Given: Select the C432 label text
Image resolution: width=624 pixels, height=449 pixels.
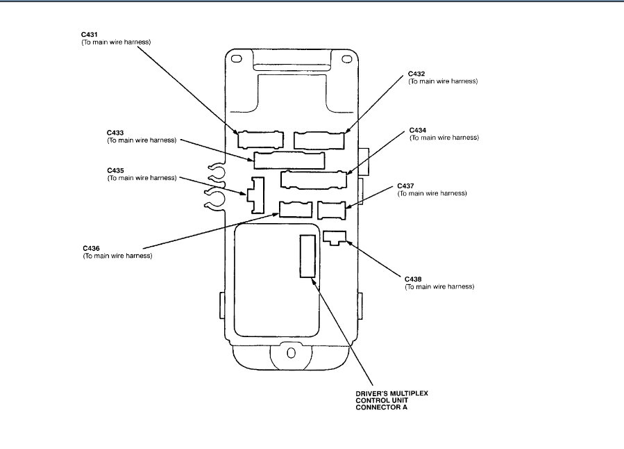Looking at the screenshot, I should (x=416, y=73).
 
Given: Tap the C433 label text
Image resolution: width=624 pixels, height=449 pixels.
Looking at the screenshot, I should (x=116, y=131).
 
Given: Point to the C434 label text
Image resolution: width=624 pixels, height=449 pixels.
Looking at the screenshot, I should (x=418, y=129).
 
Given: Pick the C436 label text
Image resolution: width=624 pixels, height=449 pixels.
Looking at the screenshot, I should (x=91, y=248).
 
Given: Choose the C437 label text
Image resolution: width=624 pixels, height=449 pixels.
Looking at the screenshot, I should (x=405, y=186).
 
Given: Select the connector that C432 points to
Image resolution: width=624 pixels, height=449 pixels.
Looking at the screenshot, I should (x=319, y=140).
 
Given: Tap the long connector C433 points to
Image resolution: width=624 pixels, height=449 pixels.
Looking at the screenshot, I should (x=289, y=161).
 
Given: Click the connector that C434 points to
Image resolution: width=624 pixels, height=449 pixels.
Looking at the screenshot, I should (x=314, y=179).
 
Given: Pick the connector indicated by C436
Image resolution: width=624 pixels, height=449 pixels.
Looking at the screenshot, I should (x=295, y=209).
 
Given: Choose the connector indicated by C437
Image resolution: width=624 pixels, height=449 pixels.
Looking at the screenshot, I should (x=331, y=209).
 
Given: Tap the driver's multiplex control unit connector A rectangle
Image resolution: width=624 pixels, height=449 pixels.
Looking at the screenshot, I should (x=307, y=256).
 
